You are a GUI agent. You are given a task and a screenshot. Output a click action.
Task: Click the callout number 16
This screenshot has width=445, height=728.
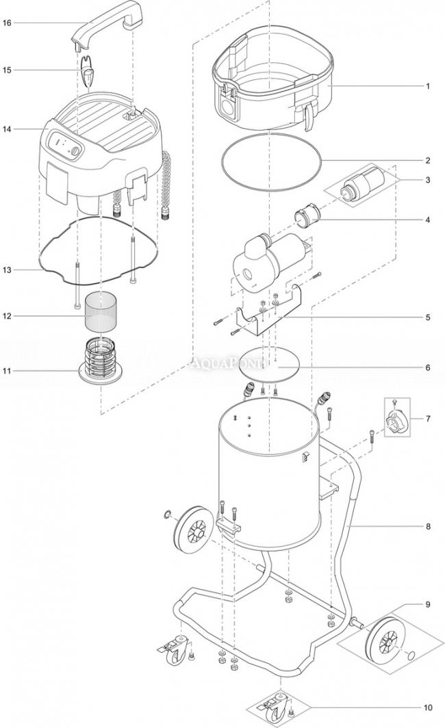click(x=8, y=23)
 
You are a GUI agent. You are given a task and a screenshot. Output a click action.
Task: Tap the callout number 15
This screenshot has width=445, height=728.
click(x=8, y=70)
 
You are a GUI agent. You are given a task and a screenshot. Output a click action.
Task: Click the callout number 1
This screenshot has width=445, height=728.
click(x=427, y=87)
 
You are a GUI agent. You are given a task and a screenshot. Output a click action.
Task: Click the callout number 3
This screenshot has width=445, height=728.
click(x=427, y=180)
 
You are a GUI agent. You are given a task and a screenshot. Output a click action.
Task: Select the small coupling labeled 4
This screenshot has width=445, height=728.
click(x=308, y=218)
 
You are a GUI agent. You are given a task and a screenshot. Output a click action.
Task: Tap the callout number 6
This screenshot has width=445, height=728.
click(x=427, y=367)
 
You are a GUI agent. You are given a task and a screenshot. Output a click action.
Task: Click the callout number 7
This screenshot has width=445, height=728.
click(x=427, y=418)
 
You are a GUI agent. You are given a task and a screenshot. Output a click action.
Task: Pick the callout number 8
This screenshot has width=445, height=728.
click(x=427, y=526)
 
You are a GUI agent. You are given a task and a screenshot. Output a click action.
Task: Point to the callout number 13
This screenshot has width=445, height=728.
click(x=8, y=270)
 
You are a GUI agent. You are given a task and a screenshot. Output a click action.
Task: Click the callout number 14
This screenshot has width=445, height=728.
click(x=8, y=129)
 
